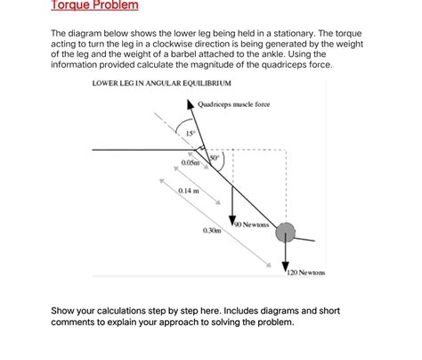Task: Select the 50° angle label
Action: click(x=214, y=157)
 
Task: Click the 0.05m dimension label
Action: click(x=190, y=163)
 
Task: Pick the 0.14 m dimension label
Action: click(x=188, y=192)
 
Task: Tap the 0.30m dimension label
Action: click(x=212, y=230)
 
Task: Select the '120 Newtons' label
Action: click(x=306, y=272)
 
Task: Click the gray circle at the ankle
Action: click(x=286, y=233)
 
